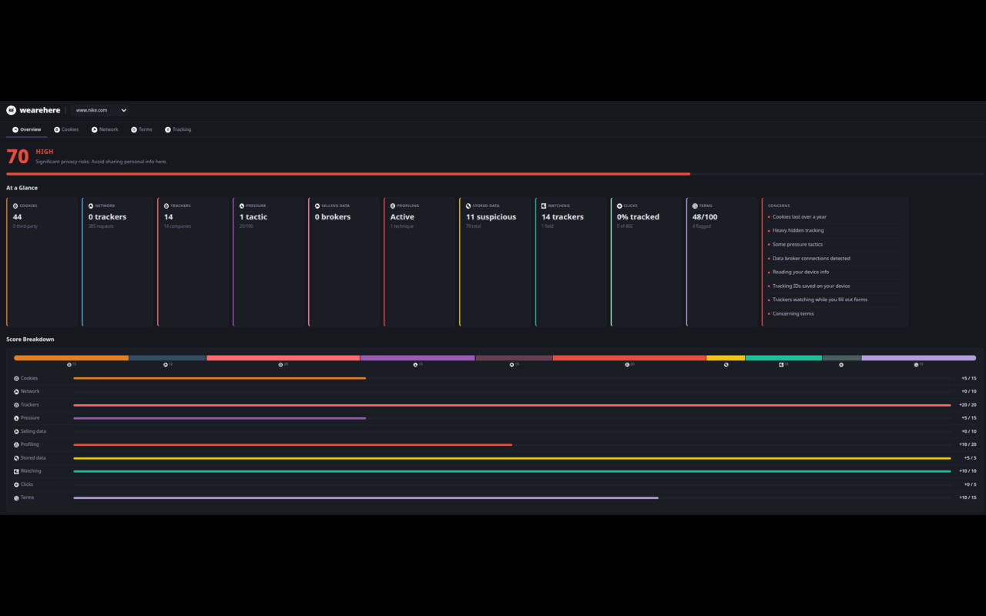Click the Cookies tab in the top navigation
pos(67,129)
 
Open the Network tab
pos(106,129)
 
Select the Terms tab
pos(143,129)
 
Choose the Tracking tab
pos(179,129)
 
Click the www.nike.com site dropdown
pos(101,110)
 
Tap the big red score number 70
pos(18,157)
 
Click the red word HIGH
pos(45,152)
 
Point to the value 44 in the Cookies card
pos(18,217)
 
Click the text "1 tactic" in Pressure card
pos(253,217)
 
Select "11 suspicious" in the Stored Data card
pos(491,217)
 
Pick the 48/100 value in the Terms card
pos(705,217)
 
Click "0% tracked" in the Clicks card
pos(638,217)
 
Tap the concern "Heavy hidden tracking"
pos(798,230)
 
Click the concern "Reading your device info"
pos(800,272)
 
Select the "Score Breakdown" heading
pos(30,340)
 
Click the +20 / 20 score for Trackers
pos(968,405)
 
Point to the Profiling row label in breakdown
pos(30,444)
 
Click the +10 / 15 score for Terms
pos(968,497)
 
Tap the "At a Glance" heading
pos(22,188)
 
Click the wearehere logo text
pos(39,110)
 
